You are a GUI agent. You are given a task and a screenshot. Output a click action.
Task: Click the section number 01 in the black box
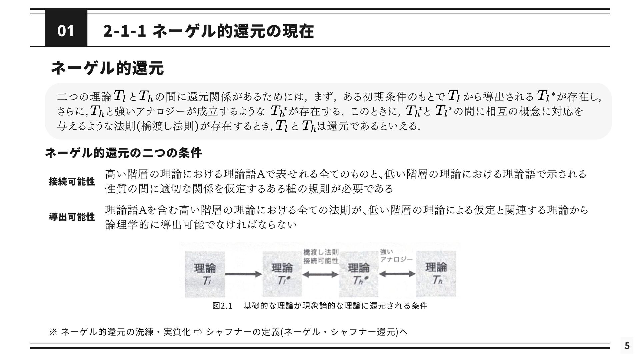[66, 31]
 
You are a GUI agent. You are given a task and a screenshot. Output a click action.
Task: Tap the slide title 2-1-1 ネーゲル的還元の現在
[208, 31]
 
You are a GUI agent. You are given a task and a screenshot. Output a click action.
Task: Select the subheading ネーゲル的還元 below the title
[107, 68]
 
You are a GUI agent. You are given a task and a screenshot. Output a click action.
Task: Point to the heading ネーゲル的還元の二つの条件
[123, 153]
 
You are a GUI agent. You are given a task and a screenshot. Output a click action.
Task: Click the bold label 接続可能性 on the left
[72, 182]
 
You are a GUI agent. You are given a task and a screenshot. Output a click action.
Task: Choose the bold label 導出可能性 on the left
[72, 217]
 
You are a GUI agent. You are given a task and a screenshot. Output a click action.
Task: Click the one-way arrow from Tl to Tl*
[244, 274]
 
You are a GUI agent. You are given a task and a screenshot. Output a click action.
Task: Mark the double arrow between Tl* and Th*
[320, 274]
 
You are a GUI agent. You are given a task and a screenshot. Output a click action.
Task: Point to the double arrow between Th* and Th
[397, 274]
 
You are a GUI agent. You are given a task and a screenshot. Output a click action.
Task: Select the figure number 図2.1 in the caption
[222, 306]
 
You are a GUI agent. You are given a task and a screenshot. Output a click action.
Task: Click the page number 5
[627, 346]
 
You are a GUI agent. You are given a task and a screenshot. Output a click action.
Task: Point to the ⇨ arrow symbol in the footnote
[198, 332]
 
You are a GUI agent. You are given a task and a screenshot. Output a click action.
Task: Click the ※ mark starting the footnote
[53, 332]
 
